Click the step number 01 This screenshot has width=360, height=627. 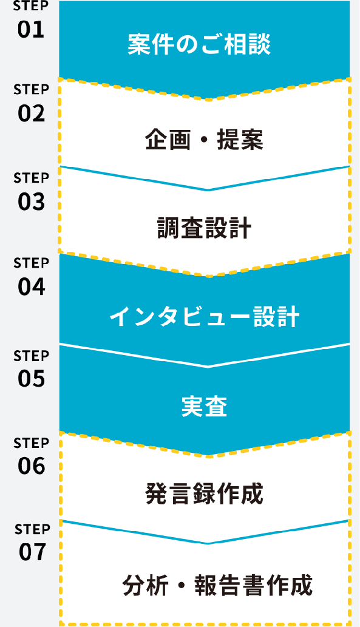click(x=31, y=30)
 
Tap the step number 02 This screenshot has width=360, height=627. click(x=31, y=113)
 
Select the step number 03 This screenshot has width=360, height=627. click(x=31, y=202)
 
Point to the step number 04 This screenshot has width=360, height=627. click(x=32, y=287)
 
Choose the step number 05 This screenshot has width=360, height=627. click(x=31, y=379)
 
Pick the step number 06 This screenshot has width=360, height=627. click(x=32, y=466)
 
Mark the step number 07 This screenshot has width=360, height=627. click(x=32, y=552)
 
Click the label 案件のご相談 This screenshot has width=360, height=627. click(x=199, y=44)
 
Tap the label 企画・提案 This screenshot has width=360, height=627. click(x=205, y=140)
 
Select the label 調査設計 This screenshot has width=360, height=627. click(x=205, y=228)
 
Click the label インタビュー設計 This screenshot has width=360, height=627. click(x=205, y=317)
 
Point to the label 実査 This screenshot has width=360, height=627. click(x=205, y=407)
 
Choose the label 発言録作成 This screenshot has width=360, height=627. click(x=205, y=494)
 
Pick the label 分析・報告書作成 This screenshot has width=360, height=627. click(x=217, y=585)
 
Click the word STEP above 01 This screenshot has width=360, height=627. click(x=31, y=5)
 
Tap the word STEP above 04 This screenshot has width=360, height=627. click(x=31, y=263)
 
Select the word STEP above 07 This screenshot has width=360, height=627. click(x=32, y=529)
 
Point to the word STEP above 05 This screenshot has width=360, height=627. click(x=31, y=356)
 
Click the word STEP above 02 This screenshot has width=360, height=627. click(x=31, y=90)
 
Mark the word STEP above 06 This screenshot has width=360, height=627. click(x=31, y=443)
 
